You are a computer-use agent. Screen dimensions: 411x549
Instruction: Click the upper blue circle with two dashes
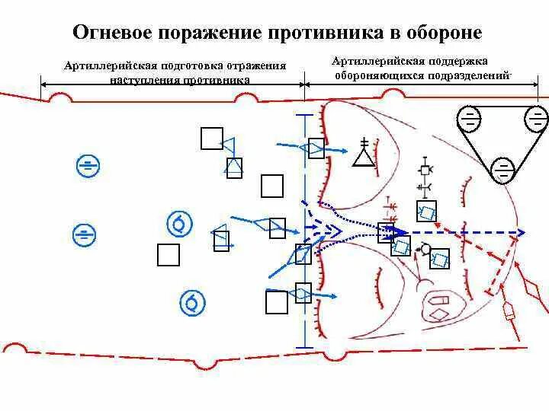88,165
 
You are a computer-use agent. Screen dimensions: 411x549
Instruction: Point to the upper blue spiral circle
180,224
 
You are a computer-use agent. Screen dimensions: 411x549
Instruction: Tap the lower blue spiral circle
192,302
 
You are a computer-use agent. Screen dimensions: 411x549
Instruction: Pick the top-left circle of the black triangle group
470,119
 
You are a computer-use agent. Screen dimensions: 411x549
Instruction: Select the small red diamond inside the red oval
440,314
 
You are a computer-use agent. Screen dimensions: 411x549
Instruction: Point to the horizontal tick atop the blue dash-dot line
304,115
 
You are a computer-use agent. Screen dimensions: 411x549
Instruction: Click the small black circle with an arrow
425,249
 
